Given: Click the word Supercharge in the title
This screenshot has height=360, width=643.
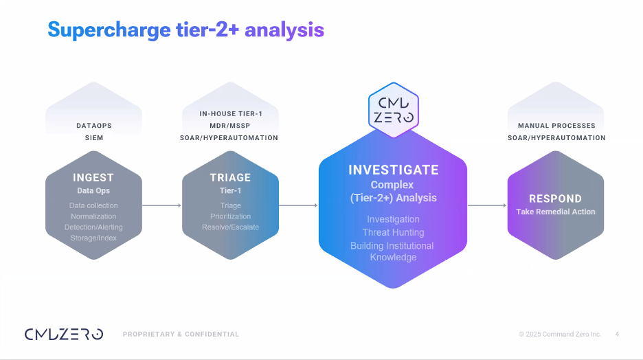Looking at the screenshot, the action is [109, 30].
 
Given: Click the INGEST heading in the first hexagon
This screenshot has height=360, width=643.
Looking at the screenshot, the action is [93, 177].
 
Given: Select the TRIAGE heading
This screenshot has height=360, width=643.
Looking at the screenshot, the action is [230, 177].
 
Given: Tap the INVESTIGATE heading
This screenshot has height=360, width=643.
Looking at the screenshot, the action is [394, 170].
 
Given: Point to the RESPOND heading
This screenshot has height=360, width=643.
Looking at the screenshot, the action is [555, 199].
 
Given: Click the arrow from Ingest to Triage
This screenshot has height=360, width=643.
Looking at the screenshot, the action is [161, 205].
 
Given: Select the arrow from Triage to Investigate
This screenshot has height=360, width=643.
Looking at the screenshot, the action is [298, 205].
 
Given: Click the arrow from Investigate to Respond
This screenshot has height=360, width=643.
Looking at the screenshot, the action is [487, 205].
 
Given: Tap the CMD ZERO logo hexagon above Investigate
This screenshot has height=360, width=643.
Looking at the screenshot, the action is [394, 110].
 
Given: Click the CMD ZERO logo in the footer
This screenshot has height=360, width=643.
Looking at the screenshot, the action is [64, 334].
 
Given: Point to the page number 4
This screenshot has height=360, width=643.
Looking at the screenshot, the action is [617, 334].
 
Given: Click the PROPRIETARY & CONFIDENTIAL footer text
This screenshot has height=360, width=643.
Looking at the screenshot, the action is [181, 334].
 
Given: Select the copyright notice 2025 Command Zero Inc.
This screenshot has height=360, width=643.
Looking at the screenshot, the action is [560, 334].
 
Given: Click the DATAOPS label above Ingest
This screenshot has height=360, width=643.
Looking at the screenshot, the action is [94, 126].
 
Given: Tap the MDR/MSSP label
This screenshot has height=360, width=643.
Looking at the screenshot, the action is [229, 126].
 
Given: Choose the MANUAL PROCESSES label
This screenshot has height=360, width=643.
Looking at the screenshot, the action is [556, 126].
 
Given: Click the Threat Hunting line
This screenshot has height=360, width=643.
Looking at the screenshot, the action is [393, 232].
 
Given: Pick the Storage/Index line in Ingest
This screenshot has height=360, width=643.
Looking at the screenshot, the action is [93, 238].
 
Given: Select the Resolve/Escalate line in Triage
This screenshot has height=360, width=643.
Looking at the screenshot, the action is [230, 227].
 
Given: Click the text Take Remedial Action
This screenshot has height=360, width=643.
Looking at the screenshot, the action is [556, 212].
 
